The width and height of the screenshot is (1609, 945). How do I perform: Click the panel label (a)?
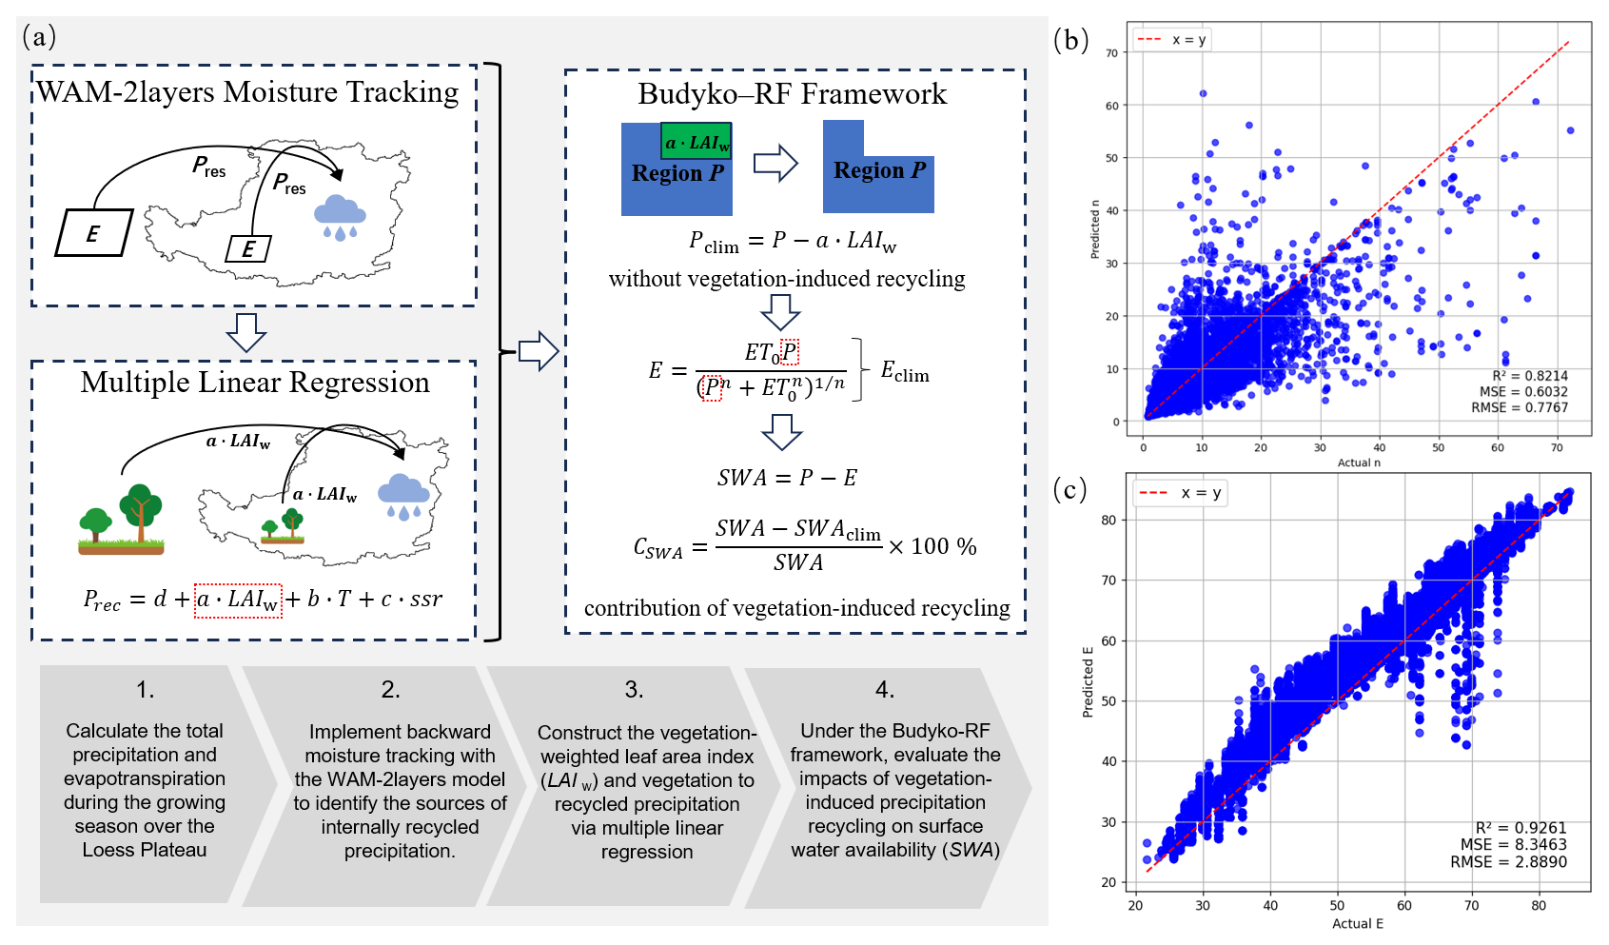(39, 37)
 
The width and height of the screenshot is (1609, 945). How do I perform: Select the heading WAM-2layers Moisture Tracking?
(247, 92)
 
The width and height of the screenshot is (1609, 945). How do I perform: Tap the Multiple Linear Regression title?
(255, 383)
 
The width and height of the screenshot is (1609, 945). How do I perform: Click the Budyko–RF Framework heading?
(793, 94)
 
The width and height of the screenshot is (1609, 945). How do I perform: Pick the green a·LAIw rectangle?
(697, 141)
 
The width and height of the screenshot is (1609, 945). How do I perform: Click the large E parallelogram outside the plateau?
(94, 233)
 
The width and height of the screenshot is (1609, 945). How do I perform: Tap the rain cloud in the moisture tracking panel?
(340, 217)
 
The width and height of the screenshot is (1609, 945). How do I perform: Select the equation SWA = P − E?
(787, 478)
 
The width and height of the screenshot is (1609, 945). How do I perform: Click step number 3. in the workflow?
(634, 690)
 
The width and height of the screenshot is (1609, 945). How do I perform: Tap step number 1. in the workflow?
(146, 690)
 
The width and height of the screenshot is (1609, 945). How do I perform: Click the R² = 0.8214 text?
(1530, 376)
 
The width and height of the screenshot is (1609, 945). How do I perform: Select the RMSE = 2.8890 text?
(1508, 861)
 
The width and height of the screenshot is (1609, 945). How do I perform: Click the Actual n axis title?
(1359, 463)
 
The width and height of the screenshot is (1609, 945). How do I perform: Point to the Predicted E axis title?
(1088, 681)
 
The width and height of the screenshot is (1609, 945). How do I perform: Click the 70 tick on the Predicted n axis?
(1112, 52)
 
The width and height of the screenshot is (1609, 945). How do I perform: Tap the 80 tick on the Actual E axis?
(1539, 905)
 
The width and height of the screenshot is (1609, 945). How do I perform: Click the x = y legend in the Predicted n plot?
(1172, 40)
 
